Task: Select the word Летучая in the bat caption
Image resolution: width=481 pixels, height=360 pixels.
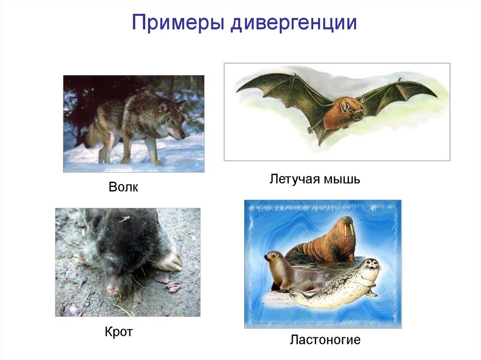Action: tap(294, 179)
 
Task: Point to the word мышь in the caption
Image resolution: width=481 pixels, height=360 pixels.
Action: tap(341, 179)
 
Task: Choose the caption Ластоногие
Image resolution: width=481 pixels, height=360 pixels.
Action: tap(325, 339)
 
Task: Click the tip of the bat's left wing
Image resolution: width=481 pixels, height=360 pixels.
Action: tap(239, 90)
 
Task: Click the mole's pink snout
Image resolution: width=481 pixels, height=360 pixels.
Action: tap(113, 291)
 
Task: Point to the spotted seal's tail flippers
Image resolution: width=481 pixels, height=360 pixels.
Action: tap(296, 296)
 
